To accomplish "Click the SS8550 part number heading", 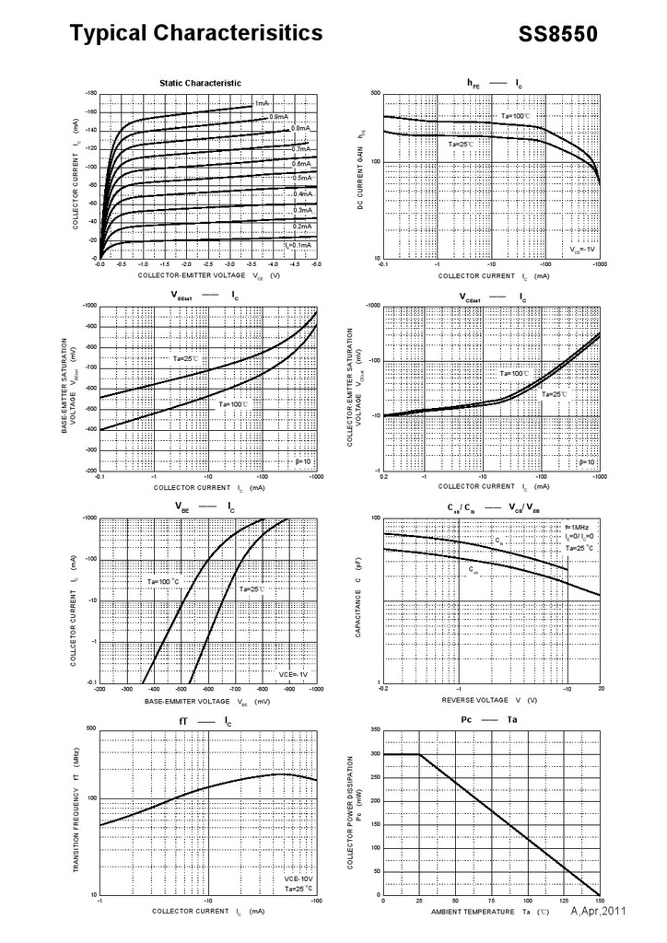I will (x=557, y=34).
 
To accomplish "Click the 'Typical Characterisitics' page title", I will (x=196, y=33).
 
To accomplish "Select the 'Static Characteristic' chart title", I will (x=200, y=83).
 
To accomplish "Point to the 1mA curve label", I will (x=262, y=103).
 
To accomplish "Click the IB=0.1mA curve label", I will (x=299, y=246).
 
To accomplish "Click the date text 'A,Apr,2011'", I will (x=598, y=911).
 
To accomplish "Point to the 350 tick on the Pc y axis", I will (x=375, y=729).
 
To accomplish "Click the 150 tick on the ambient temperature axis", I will (x=599, y=901).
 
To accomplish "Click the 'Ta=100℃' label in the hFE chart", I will (x=516, y=116).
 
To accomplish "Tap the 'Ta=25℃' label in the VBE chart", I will (x=252, y=588).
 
